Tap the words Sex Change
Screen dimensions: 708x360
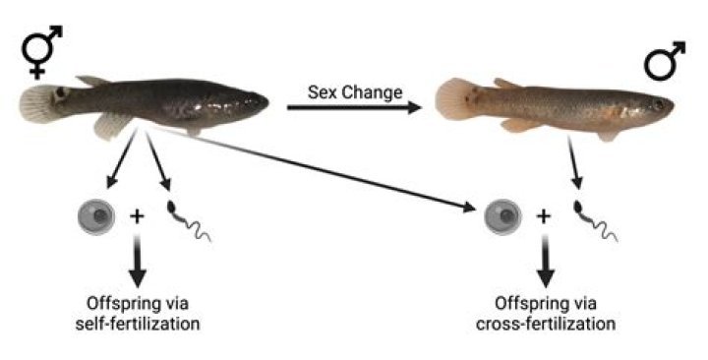click(x=355, y=92)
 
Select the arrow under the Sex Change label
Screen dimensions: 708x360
click(x=354, y=107)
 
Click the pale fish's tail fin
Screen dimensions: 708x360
click(x=452, y=98)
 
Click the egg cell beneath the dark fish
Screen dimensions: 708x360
click(x=96, y=216)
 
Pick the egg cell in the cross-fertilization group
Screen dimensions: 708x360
click(x=503, y=216)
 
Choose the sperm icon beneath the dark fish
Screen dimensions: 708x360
click(x=187, y=220)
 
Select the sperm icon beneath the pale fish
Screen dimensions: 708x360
click(x=594, y=220)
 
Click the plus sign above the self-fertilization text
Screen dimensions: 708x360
click(x=137, y=216)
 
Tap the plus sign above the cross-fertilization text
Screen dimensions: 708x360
click(x=544, y=216)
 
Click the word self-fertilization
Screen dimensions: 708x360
click(x=138, y=324)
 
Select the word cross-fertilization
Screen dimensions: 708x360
click(x=546, y=324)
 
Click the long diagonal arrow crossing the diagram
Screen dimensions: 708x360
click(x=312, y=168)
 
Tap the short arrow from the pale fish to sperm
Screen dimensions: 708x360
click(x=573, y=163)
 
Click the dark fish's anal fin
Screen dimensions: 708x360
click(x=110, y=126)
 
